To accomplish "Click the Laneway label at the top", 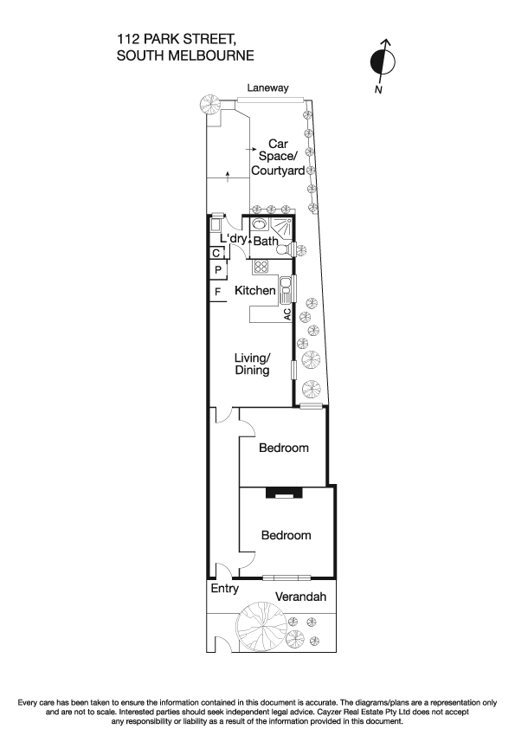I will click(267, 88).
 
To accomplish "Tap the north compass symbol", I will click(382, 61).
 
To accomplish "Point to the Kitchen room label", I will click(255, 291).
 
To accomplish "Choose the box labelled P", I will click(218, 270).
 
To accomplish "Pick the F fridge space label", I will click(217, 292).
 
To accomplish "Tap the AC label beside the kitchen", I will click(286, 314).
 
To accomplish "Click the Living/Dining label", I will click(253, 364).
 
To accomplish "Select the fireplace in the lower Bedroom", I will click(282, 494).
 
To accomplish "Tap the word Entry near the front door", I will click(224, 589).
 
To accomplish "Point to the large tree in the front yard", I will click(261, 625).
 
